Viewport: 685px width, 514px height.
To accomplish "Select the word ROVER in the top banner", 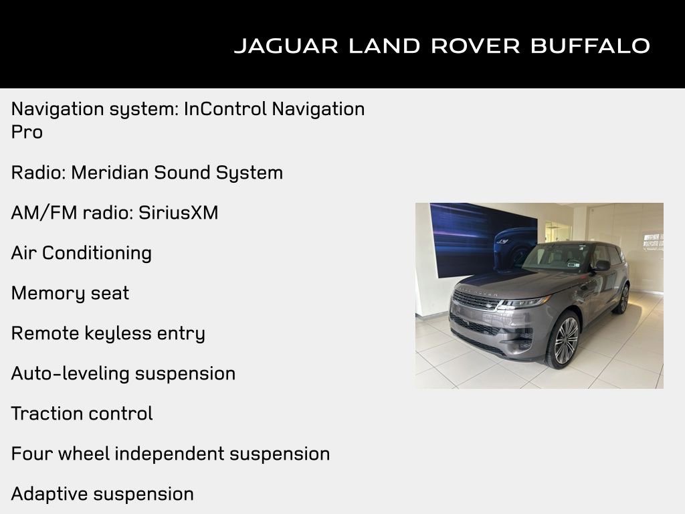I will (x=474, y=46).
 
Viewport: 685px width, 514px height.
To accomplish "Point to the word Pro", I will (x=27, y=132).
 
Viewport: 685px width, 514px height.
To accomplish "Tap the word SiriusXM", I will (x=178, y=213).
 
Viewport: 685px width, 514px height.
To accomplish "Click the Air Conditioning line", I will (x=81, y=253).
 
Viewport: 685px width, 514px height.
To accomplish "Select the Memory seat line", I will (x=70, y=293).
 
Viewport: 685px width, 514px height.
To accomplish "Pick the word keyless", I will (x=120, y=333).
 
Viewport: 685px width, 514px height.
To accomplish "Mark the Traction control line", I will (x=82, y=414).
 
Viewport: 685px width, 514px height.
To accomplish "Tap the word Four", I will (x=31, y=454).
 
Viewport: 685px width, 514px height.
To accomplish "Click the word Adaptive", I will (x=49, y=494).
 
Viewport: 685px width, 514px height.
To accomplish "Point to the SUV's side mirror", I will (x=601, y=266).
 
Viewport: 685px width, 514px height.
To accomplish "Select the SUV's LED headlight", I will (x=524, y=302).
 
